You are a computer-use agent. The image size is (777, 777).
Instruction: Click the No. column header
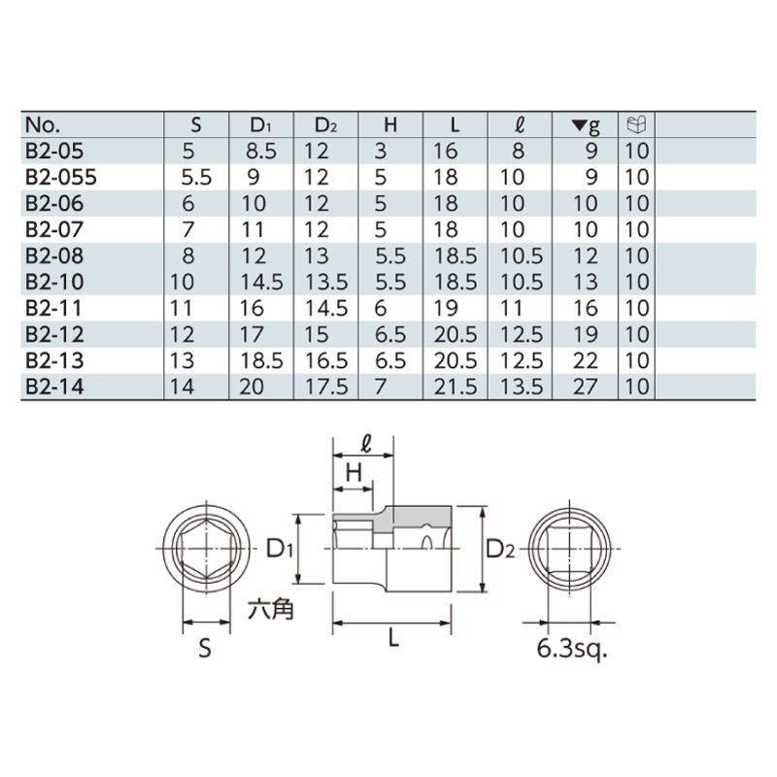(44, 125)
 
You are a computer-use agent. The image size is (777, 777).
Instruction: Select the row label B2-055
(60, 177)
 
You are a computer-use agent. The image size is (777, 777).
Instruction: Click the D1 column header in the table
(261, 125)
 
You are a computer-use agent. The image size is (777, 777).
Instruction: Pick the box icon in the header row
(637, 125)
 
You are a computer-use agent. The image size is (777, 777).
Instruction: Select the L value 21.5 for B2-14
(454, 387)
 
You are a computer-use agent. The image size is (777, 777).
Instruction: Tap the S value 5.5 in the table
(196, 177)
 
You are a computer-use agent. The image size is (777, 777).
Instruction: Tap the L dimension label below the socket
(393, 638)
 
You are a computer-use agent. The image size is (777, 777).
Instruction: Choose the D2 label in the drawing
(501, 549)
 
